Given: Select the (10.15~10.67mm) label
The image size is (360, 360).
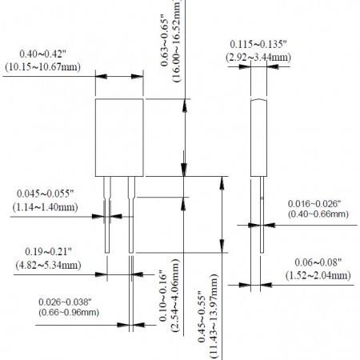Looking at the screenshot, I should click(37, 66).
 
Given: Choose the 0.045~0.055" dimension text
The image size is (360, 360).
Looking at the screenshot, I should click(46, 194).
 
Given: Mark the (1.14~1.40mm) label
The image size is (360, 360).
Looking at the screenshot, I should click(46, 207).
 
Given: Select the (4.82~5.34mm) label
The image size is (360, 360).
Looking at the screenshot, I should click(38, 265).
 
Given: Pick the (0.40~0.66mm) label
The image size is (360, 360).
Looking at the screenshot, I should click(318, 215).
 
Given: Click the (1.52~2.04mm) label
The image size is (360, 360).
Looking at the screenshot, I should click(318, 275).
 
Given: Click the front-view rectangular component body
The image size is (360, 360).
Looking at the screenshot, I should click(119, 138).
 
